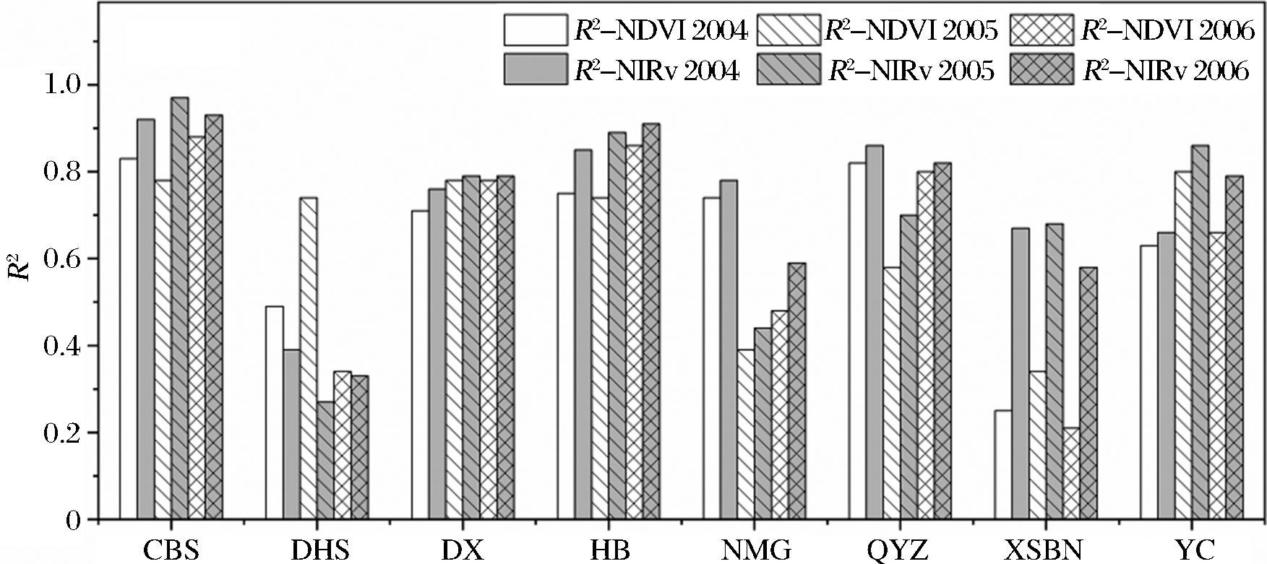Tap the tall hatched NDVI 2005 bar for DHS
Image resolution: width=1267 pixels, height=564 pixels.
tap(309, 358)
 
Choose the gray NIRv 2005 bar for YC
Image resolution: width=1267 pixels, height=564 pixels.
tap(1200, 332)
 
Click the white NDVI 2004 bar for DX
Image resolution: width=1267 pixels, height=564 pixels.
tap(420, 365)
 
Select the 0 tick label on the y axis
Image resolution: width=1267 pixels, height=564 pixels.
tap(73, 521)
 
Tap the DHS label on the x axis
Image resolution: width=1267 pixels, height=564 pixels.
tap(319, 551)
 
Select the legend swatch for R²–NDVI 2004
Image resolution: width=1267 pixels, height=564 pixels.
tap(536, 30)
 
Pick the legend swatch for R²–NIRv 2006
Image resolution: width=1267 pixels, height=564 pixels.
tap(1041, 70)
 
